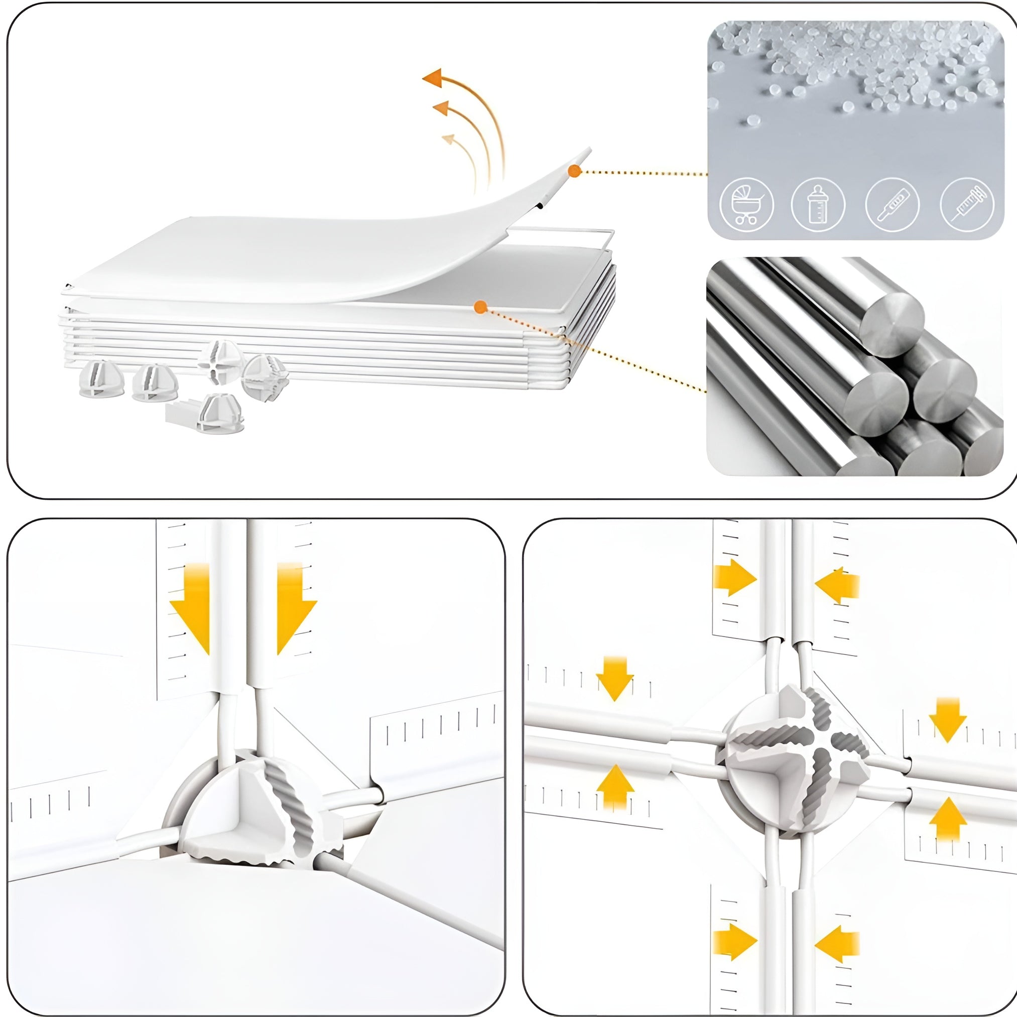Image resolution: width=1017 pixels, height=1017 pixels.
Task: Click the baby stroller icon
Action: tap(746, 205)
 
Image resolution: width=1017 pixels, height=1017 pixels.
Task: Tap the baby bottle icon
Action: tap(818, 205)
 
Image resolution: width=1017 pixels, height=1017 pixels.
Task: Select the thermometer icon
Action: tap(892, 205)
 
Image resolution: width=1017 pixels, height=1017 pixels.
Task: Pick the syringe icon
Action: tap(967, 205)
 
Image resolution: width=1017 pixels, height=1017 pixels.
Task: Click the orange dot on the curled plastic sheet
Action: tap(574, 171)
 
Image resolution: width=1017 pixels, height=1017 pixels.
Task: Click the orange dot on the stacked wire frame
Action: tap(480, 307)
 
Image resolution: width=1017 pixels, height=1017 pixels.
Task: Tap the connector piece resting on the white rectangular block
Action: tap(221, 413)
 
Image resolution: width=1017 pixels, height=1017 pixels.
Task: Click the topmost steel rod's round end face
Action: tap(892, 325)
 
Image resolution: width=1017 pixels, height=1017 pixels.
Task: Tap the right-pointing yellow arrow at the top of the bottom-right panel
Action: tap(734, 577)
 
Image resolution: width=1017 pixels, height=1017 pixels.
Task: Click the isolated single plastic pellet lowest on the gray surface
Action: tap(753, 120)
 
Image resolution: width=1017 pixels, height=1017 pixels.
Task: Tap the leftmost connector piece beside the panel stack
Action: tap(101, 378)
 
